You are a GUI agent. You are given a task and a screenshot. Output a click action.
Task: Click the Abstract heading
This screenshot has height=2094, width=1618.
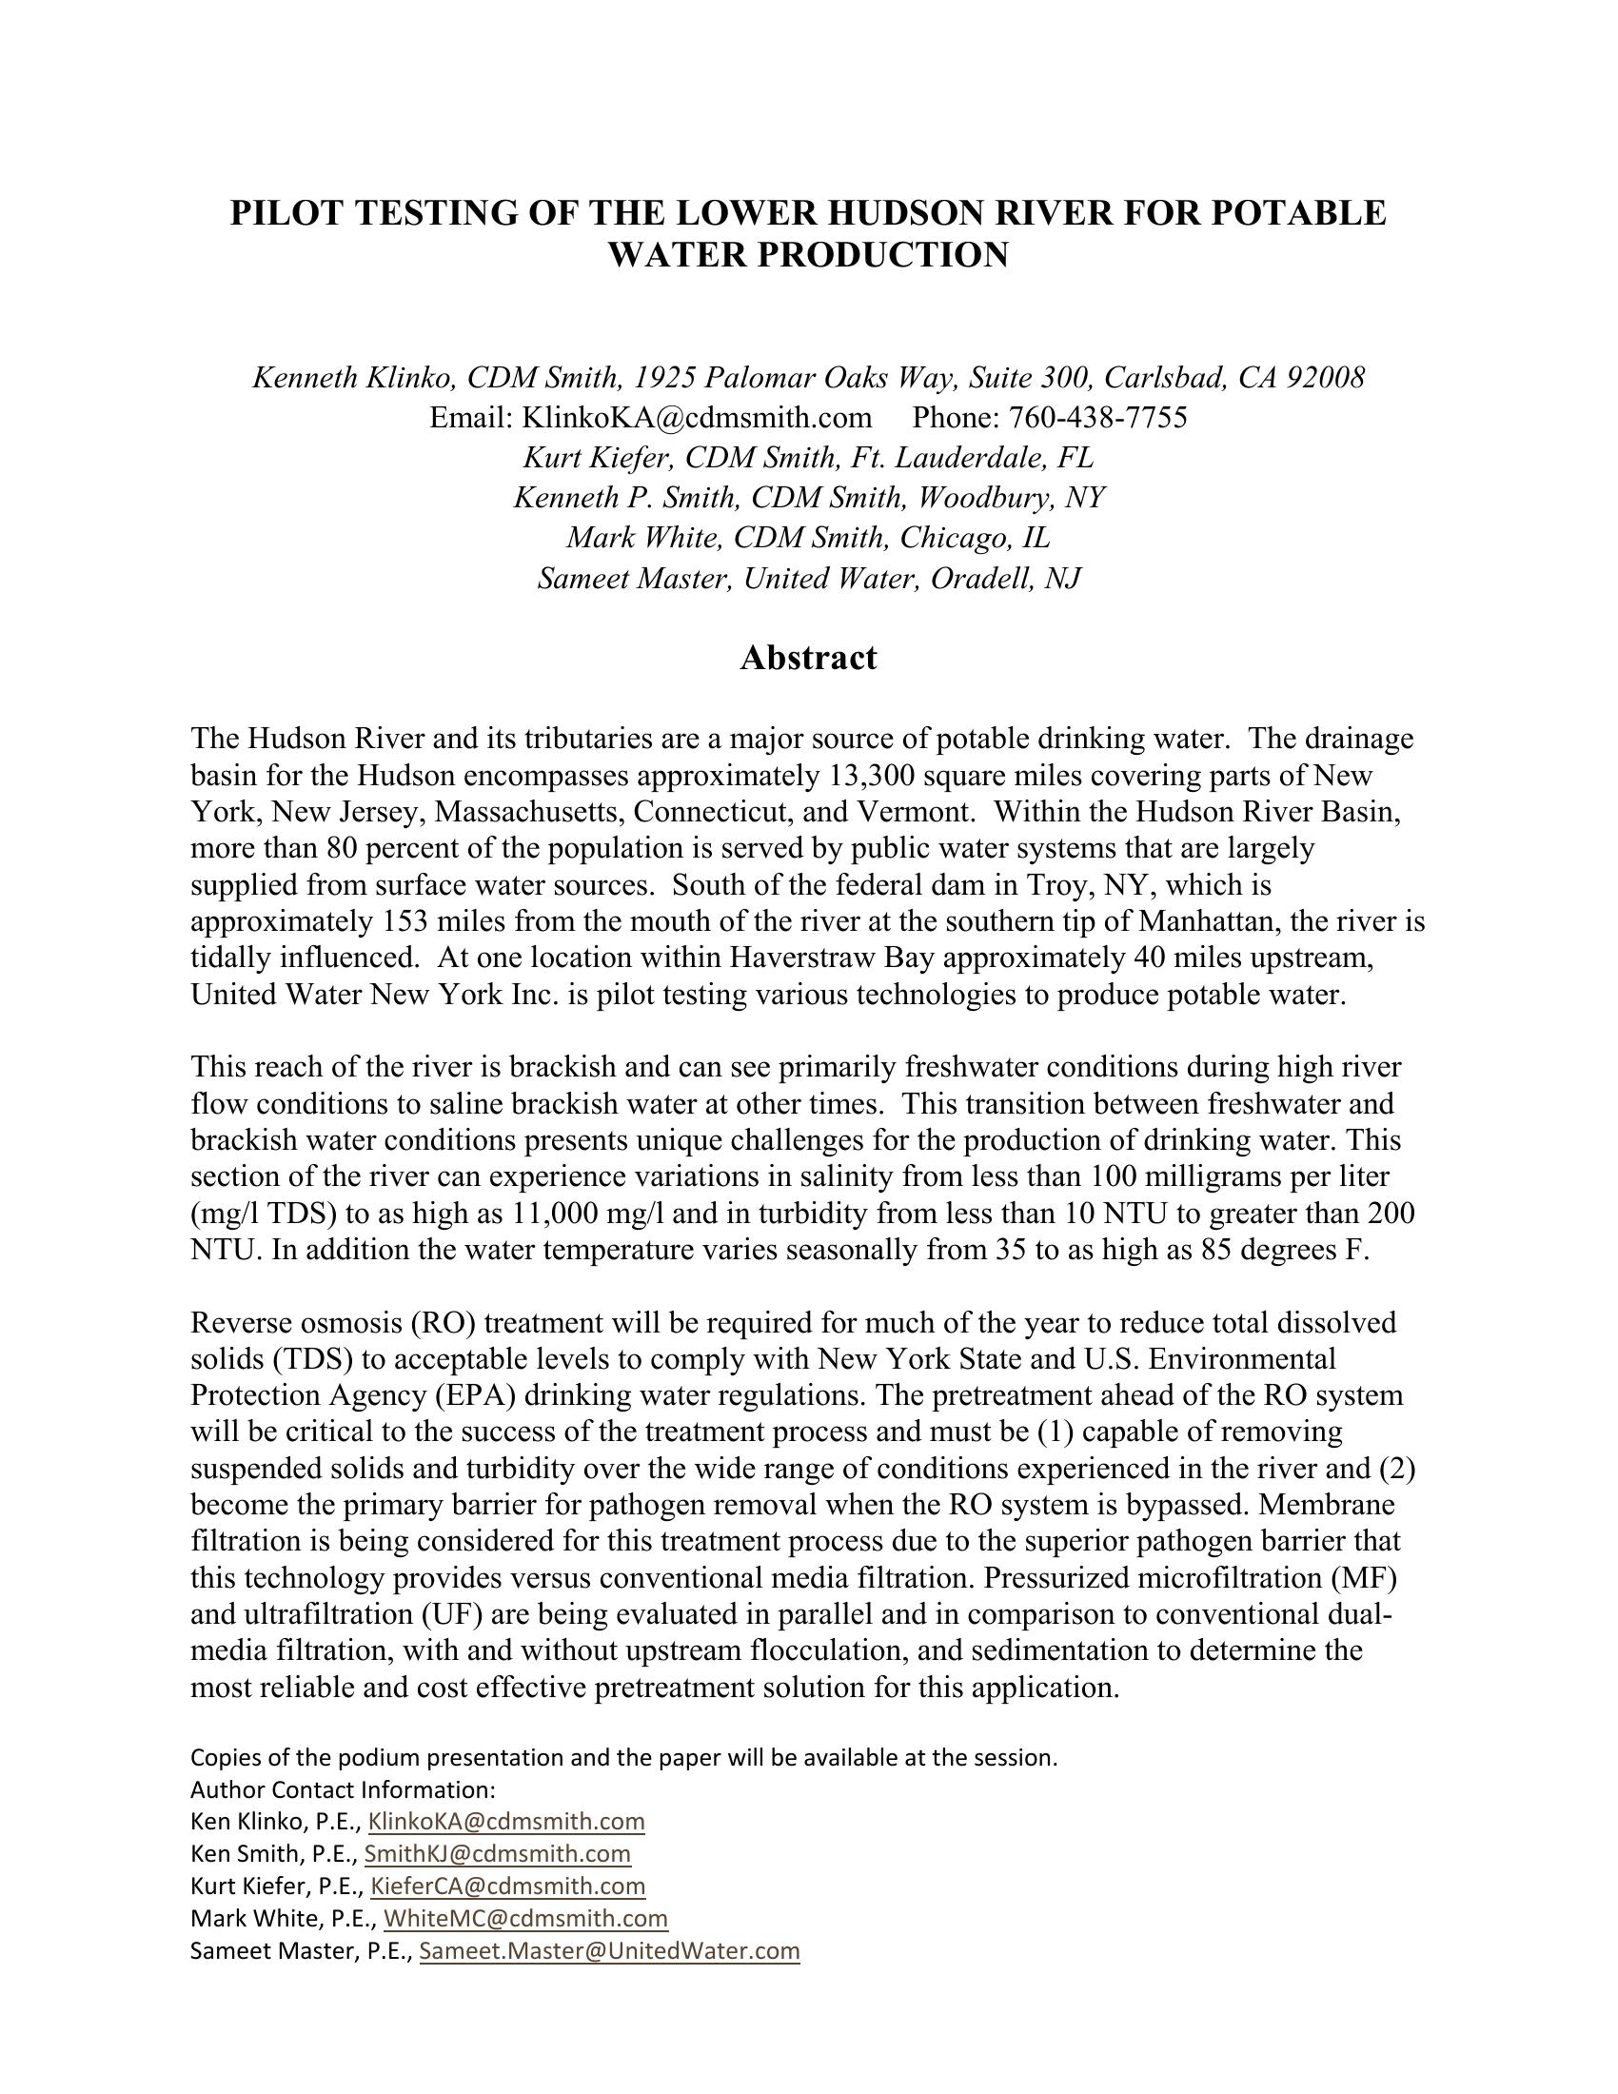coord(808,658)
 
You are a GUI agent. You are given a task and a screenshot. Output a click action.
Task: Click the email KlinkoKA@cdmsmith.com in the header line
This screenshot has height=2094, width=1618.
coord(697,417)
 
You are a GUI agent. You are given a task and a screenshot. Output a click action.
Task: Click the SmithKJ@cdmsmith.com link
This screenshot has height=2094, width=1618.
coord(498,1853)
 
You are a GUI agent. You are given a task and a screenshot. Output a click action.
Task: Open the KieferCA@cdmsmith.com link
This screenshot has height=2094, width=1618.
coord(508,1886)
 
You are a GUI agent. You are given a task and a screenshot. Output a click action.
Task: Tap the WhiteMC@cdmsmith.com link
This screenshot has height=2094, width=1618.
coord(525,1918)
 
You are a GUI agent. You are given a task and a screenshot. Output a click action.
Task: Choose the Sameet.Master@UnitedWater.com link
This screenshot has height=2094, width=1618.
coord(610,1950)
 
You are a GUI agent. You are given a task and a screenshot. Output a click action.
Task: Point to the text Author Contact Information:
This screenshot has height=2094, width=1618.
coord(344,1789)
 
